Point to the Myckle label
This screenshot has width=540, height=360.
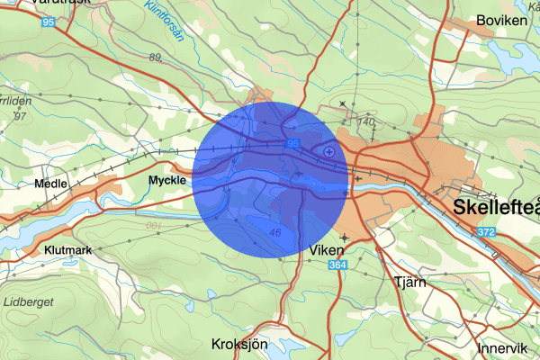pos(166,180)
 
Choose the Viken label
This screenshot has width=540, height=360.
pos(325,247)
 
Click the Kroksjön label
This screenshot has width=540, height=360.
pos(239,343)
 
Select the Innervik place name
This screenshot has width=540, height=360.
pos(502,347)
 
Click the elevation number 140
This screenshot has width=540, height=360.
pos(365,121)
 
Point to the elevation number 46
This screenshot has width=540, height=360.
pos(274,231)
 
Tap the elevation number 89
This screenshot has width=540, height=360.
pos(156,58)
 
